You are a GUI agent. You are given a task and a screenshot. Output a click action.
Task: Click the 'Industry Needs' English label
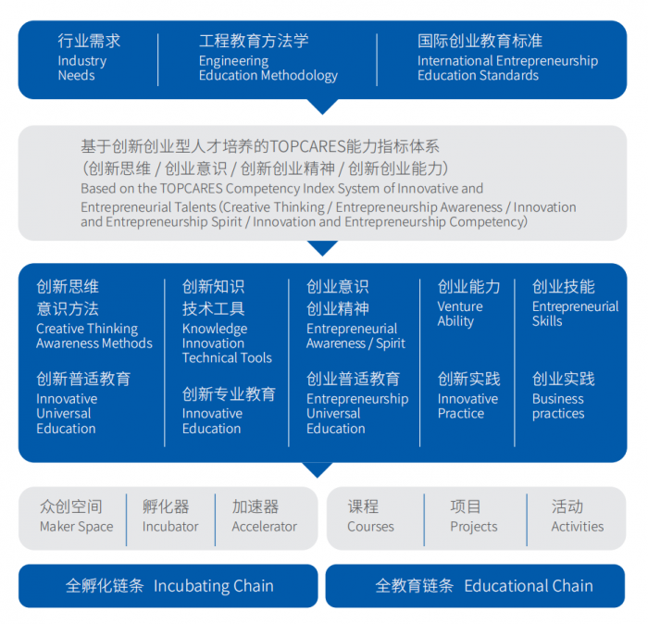click(x=82, y=69)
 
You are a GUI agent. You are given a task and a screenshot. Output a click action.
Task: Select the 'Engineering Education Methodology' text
click(x=268, y=69)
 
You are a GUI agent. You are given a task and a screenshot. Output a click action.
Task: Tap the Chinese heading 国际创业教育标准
click(x=480, y=41)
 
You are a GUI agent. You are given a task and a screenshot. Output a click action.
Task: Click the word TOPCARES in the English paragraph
click(x=192, y=189)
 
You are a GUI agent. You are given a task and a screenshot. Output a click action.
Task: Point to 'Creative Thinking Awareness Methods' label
click(x=94, y=336)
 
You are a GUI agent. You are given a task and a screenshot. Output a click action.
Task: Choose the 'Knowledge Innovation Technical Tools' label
click(x=227, y=343)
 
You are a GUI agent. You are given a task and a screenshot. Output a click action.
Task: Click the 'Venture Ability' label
click(x=460, y=314)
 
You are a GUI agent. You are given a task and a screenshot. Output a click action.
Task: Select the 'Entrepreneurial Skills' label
click(x=575, y=314)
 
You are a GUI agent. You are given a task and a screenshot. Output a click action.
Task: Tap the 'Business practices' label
click(x=558, y=406)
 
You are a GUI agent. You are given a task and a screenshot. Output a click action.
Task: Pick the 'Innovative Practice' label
click(x=467, y=406)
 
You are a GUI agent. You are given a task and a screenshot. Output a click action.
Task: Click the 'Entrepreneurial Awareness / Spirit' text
click(x=355, y=336)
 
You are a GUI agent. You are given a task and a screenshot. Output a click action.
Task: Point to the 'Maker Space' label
click(x=77, y=527)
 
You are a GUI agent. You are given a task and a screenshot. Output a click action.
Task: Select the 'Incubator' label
click(x=170, y=527)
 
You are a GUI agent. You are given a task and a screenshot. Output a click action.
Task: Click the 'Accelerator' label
click(x=264, y=527)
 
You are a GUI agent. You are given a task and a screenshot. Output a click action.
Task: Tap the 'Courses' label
click(x=370, y=527)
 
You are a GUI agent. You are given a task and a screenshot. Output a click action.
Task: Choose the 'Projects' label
click(x=474, y=527)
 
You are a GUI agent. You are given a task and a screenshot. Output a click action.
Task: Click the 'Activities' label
click(x=578, y=527)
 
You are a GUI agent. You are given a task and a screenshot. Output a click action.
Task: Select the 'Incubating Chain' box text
click(x=213, y=586)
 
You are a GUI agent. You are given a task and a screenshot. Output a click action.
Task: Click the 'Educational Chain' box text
click(x=529, y=586)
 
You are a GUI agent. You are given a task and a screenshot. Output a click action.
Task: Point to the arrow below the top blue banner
click(x=323, y=106)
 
